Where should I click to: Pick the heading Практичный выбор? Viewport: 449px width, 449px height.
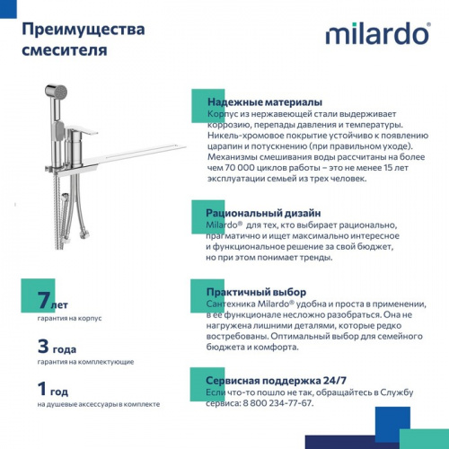(x=257, y=292)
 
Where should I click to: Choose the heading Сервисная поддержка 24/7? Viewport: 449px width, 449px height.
(x=277, y=379)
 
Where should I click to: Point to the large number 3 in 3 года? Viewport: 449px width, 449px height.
(x=43, y=346)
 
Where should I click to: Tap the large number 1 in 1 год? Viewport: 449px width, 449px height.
(x=42, y=389)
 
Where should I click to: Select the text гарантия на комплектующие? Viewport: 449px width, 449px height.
(x=86, y=361)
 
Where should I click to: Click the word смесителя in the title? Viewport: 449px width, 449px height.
(x=63, y=51)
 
